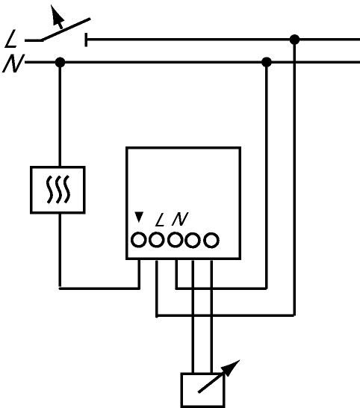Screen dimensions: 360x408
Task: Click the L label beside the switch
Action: point(11,39)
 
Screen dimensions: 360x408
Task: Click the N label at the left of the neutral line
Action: point(13,64)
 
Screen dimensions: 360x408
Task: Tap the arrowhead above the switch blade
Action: point(58,14)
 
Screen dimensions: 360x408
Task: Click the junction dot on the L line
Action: point(294,40)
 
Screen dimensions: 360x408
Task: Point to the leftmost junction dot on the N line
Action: point(60,63)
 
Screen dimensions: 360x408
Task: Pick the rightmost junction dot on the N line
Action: point(267,63)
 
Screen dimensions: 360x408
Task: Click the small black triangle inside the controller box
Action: point(139,217)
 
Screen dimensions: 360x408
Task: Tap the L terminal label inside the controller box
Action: point(160,220)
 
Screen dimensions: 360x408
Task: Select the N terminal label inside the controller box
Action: point(180,219)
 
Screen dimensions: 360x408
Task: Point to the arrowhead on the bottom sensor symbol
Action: point(231,368)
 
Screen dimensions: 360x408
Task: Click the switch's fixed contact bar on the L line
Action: point(86,40)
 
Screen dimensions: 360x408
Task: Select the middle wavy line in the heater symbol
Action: point(58,190)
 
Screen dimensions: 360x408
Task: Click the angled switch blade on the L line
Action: point(66,29)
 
